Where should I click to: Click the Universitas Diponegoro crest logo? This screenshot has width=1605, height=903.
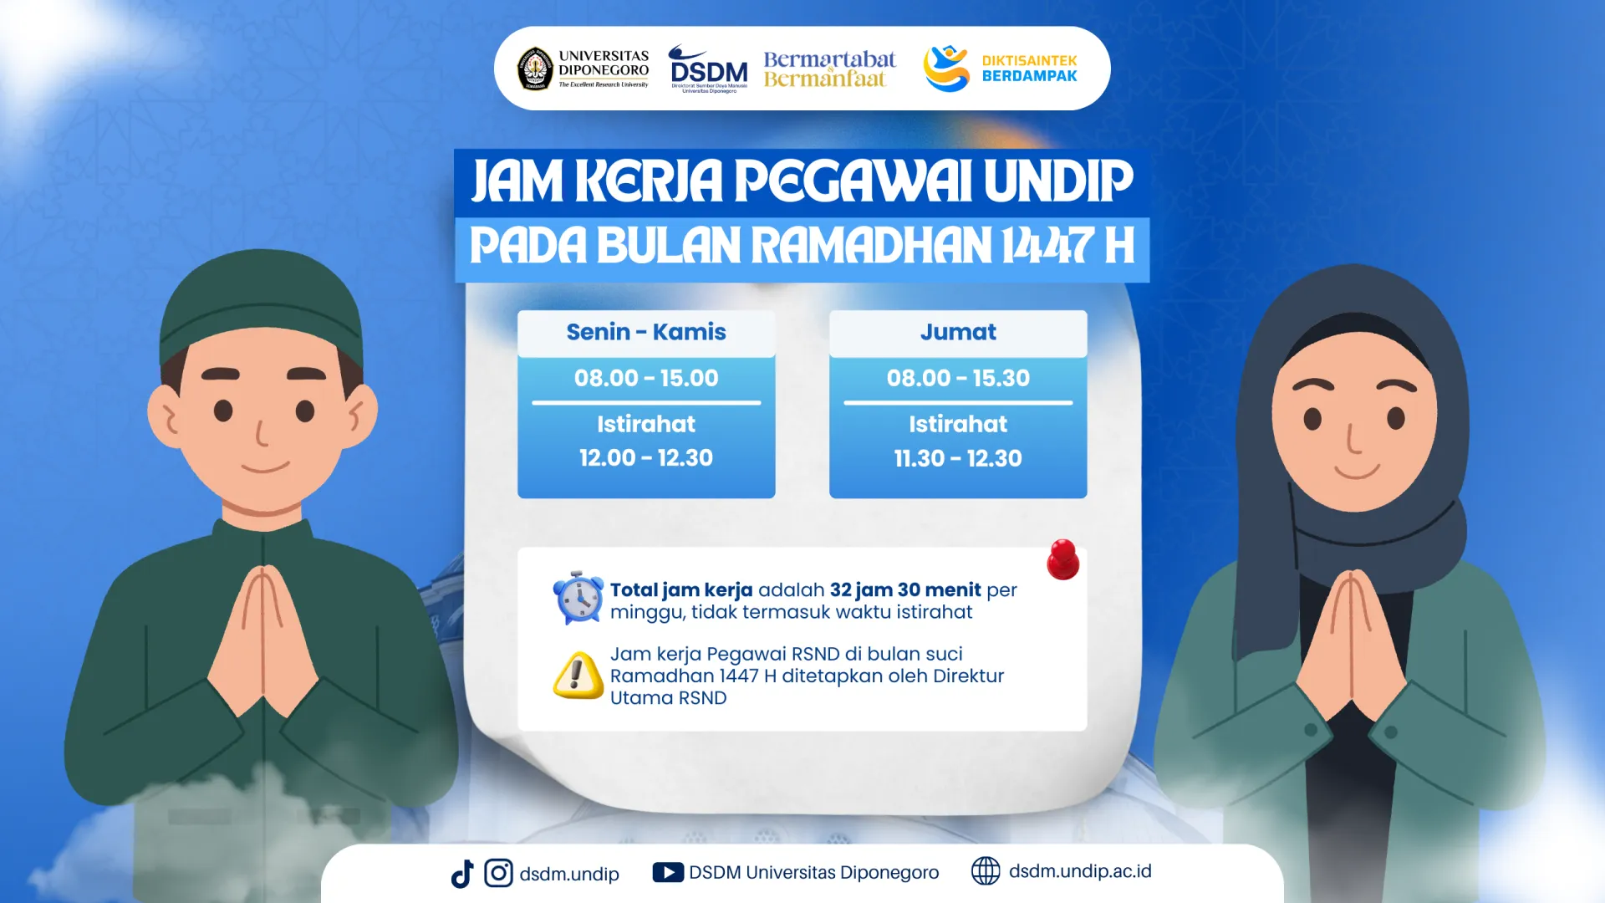click(x=535, y=69)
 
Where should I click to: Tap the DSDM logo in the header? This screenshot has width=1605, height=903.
click(x=709, y=69)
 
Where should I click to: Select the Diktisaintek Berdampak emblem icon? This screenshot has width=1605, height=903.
click(x=946, y=69)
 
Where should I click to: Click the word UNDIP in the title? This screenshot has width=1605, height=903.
click(x=1058, y=181)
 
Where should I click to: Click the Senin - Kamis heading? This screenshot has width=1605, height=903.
click(x=646, y=332)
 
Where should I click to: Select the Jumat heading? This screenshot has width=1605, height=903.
click(x=958, y=332)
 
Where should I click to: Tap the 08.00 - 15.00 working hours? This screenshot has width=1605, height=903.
click(x=646, y=378)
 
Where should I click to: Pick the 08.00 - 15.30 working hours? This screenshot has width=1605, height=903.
click(x=958, y=378)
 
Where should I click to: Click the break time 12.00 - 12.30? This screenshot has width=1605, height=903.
click(x=646, y=457)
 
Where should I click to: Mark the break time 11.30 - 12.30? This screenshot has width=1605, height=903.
click(x=958, y=458)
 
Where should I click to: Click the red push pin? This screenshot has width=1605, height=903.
click(x=1062, y=559)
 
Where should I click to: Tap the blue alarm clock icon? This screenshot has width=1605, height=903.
click(x=578, y=598)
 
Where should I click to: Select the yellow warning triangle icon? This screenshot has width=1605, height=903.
click(x=578, y=675)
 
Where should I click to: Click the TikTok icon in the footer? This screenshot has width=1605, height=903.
click(x=462, y=874)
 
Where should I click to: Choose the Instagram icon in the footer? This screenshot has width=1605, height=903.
click(x=498, y=873)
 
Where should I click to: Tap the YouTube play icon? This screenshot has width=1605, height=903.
click(x=668, y=873)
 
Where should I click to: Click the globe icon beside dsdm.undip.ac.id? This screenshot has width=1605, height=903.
click(x=986, y=871)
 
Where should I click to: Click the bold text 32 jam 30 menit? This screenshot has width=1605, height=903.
click(x=905, y=590)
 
